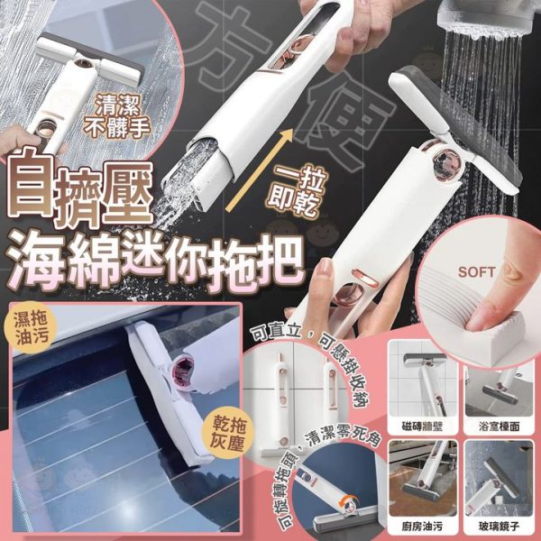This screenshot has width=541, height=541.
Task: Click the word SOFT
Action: pyautogui.click(x=476, y=272)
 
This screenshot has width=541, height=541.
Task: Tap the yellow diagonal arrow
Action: pyautogui.click(x=259, y=170)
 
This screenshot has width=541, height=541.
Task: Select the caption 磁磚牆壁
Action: pyautogui.click(x=422, y=426)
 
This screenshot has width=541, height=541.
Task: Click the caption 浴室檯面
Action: pyautogui.click(x=499, y=426)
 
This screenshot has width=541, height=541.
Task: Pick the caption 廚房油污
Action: pyautogui.click(x=422, y=527)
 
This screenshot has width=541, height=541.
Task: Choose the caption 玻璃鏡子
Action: pyautogui.click(x=499, y=527)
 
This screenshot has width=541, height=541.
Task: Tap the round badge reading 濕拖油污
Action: pyautogui.click(x=31, y=329)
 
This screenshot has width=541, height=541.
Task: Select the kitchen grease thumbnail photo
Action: pyautogui.click(x=423, y=479)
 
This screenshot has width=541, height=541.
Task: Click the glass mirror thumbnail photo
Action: pyautogui.click(x=499, y=479)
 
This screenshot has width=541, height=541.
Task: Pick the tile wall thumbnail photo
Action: pyautogui.click(x=423, y=379)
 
